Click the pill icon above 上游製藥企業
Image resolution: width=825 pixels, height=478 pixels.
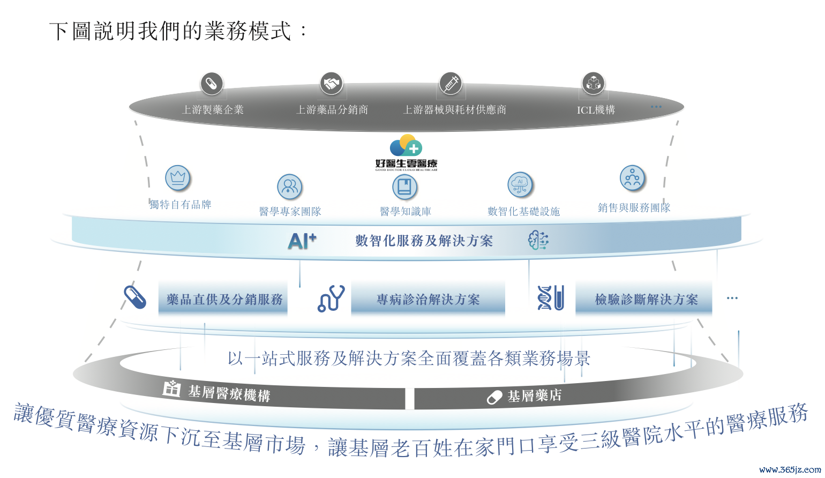212,84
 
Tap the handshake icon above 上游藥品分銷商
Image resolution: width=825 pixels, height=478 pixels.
332,84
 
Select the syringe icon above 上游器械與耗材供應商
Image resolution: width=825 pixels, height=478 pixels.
451,84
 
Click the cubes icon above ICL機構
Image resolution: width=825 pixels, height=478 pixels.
593,84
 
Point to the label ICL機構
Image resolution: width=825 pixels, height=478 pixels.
596,110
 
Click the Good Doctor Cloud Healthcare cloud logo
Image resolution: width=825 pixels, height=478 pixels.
406,146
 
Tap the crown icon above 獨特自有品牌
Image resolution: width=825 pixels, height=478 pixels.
178,178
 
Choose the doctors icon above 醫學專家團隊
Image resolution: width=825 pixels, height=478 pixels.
290,186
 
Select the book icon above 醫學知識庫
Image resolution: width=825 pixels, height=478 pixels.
404,187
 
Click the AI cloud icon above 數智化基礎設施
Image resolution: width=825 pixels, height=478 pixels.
520,185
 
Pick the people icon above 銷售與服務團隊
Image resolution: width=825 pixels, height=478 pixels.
632,178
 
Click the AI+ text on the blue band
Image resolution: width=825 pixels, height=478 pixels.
302,241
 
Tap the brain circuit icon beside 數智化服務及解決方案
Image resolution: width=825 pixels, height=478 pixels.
538,241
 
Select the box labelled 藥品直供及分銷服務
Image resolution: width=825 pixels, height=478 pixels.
223,299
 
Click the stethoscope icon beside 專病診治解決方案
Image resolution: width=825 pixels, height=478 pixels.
331,298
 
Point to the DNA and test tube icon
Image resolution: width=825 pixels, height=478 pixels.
551,298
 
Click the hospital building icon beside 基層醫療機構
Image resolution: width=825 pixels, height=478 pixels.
171,388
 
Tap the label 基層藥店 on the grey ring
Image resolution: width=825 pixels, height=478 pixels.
534,396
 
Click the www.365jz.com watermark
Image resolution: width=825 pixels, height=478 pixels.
790,469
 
